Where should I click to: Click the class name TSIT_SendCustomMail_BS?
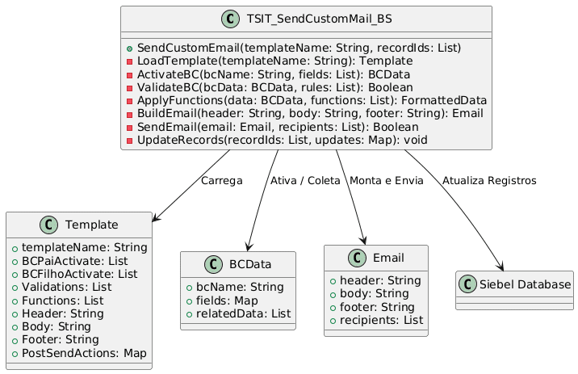coord(319,19)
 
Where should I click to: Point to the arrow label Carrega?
coord(221,181)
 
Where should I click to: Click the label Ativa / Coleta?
coord(305,181)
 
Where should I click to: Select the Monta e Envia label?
coord(387,181)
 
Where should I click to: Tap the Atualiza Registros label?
coord(489,181)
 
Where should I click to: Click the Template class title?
coord(92,225)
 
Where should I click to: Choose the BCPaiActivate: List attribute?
coord(75,261)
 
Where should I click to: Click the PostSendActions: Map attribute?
coord(84,353)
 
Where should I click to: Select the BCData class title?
coord(250,264)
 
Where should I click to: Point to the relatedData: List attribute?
coord(243,314)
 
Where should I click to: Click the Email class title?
coord(388,258)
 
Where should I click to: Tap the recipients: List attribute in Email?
coord(381,320)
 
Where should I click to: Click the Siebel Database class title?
coord(525,284)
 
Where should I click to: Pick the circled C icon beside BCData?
coord(213,264)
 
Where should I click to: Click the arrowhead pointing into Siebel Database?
coord(501,267)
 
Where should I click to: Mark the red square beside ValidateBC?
coord(129,88)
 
